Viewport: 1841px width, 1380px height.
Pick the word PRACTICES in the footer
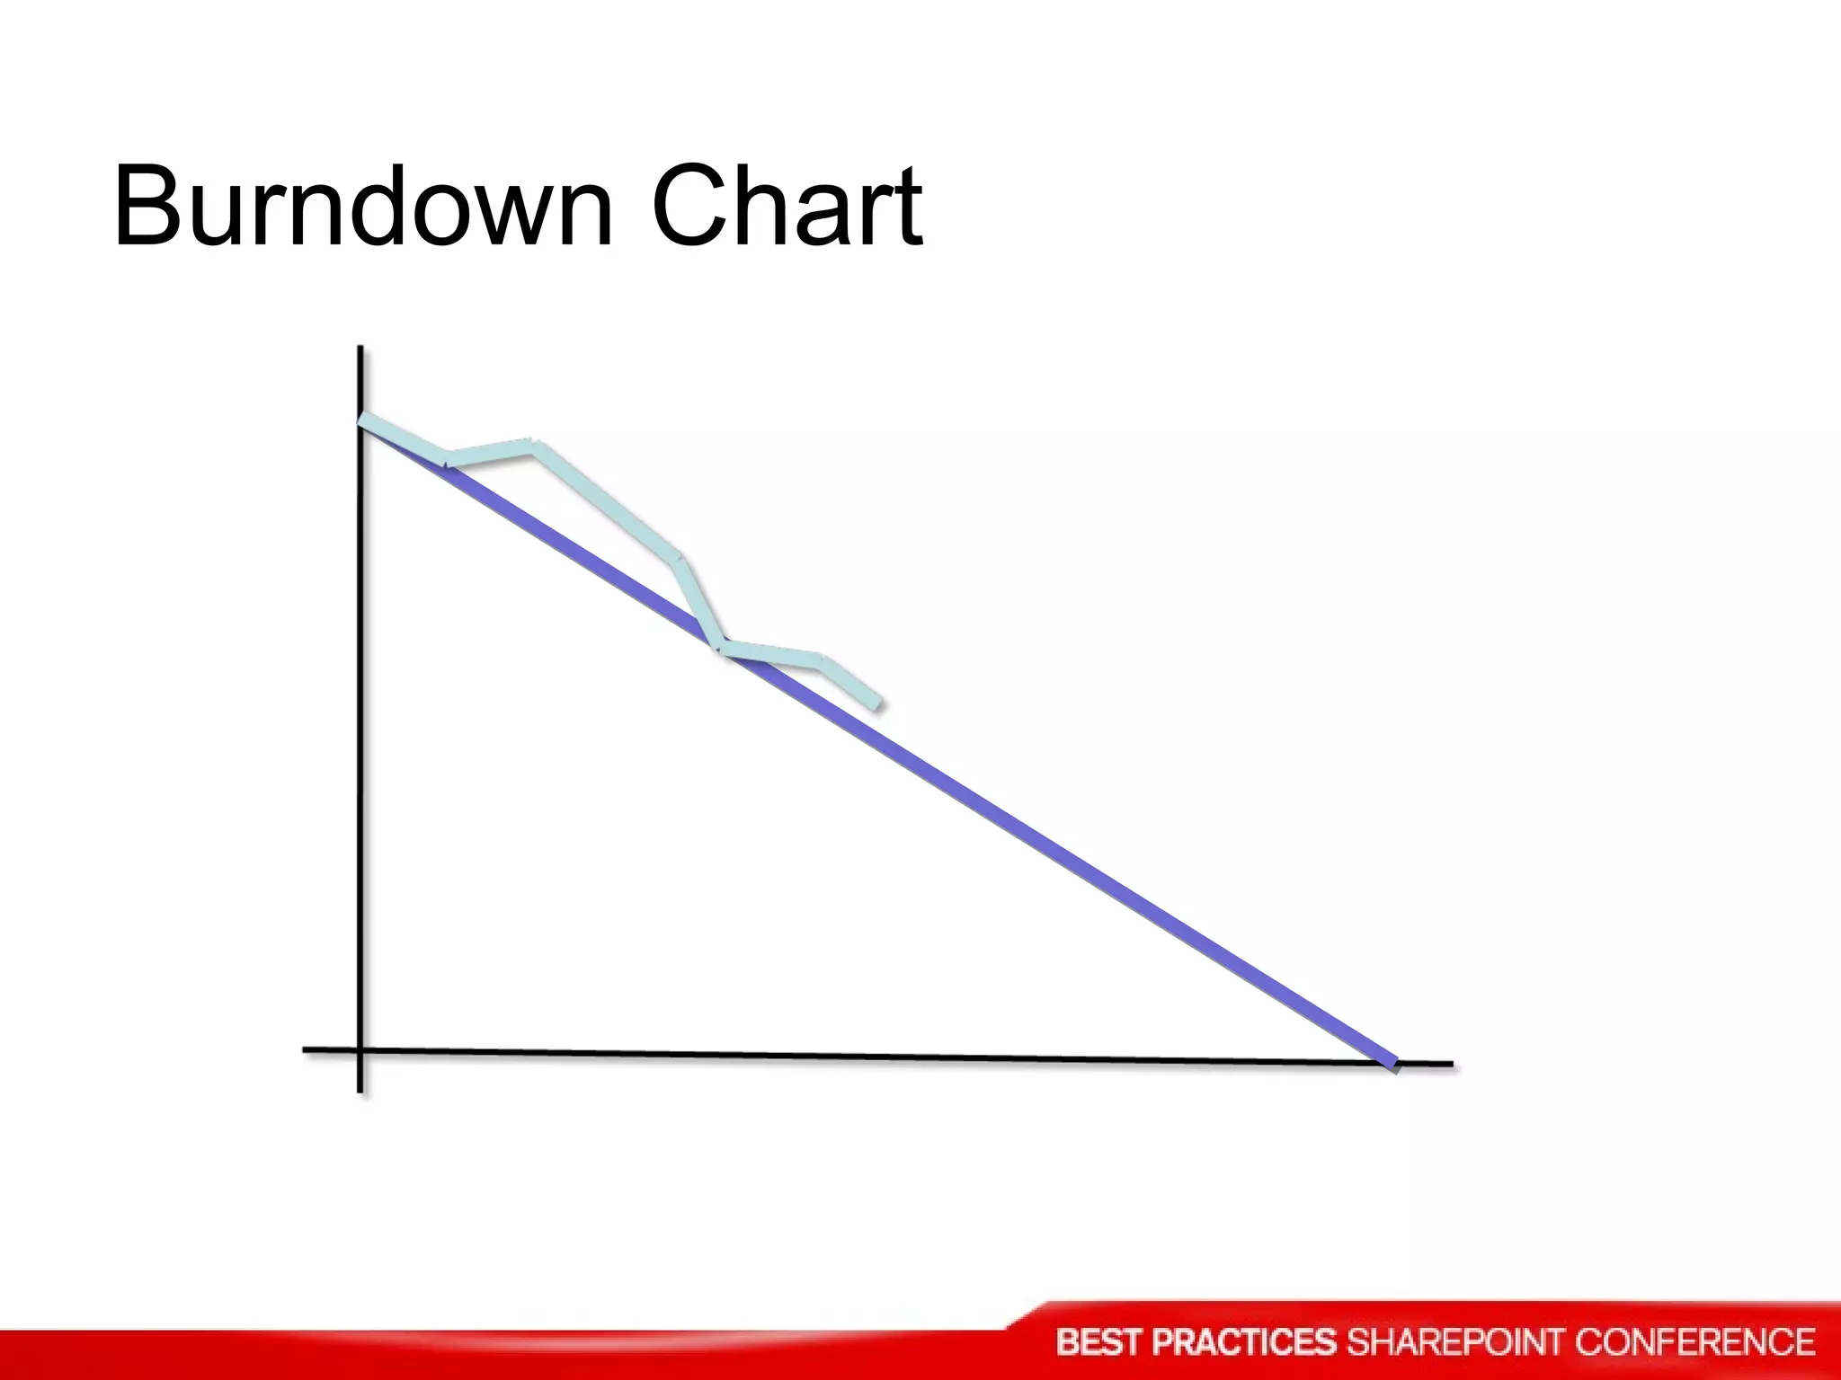1244,1342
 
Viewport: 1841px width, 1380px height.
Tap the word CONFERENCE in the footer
1695,1342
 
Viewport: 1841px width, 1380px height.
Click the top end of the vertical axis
360,349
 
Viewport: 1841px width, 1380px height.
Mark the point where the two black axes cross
360,1049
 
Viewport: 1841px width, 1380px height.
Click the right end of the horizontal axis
1450,1065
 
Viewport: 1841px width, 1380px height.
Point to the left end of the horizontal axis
306,1048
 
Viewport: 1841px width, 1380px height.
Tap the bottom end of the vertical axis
360,1091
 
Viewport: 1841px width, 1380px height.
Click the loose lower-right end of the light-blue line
878,704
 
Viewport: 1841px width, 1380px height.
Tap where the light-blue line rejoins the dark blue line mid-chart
721,647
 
